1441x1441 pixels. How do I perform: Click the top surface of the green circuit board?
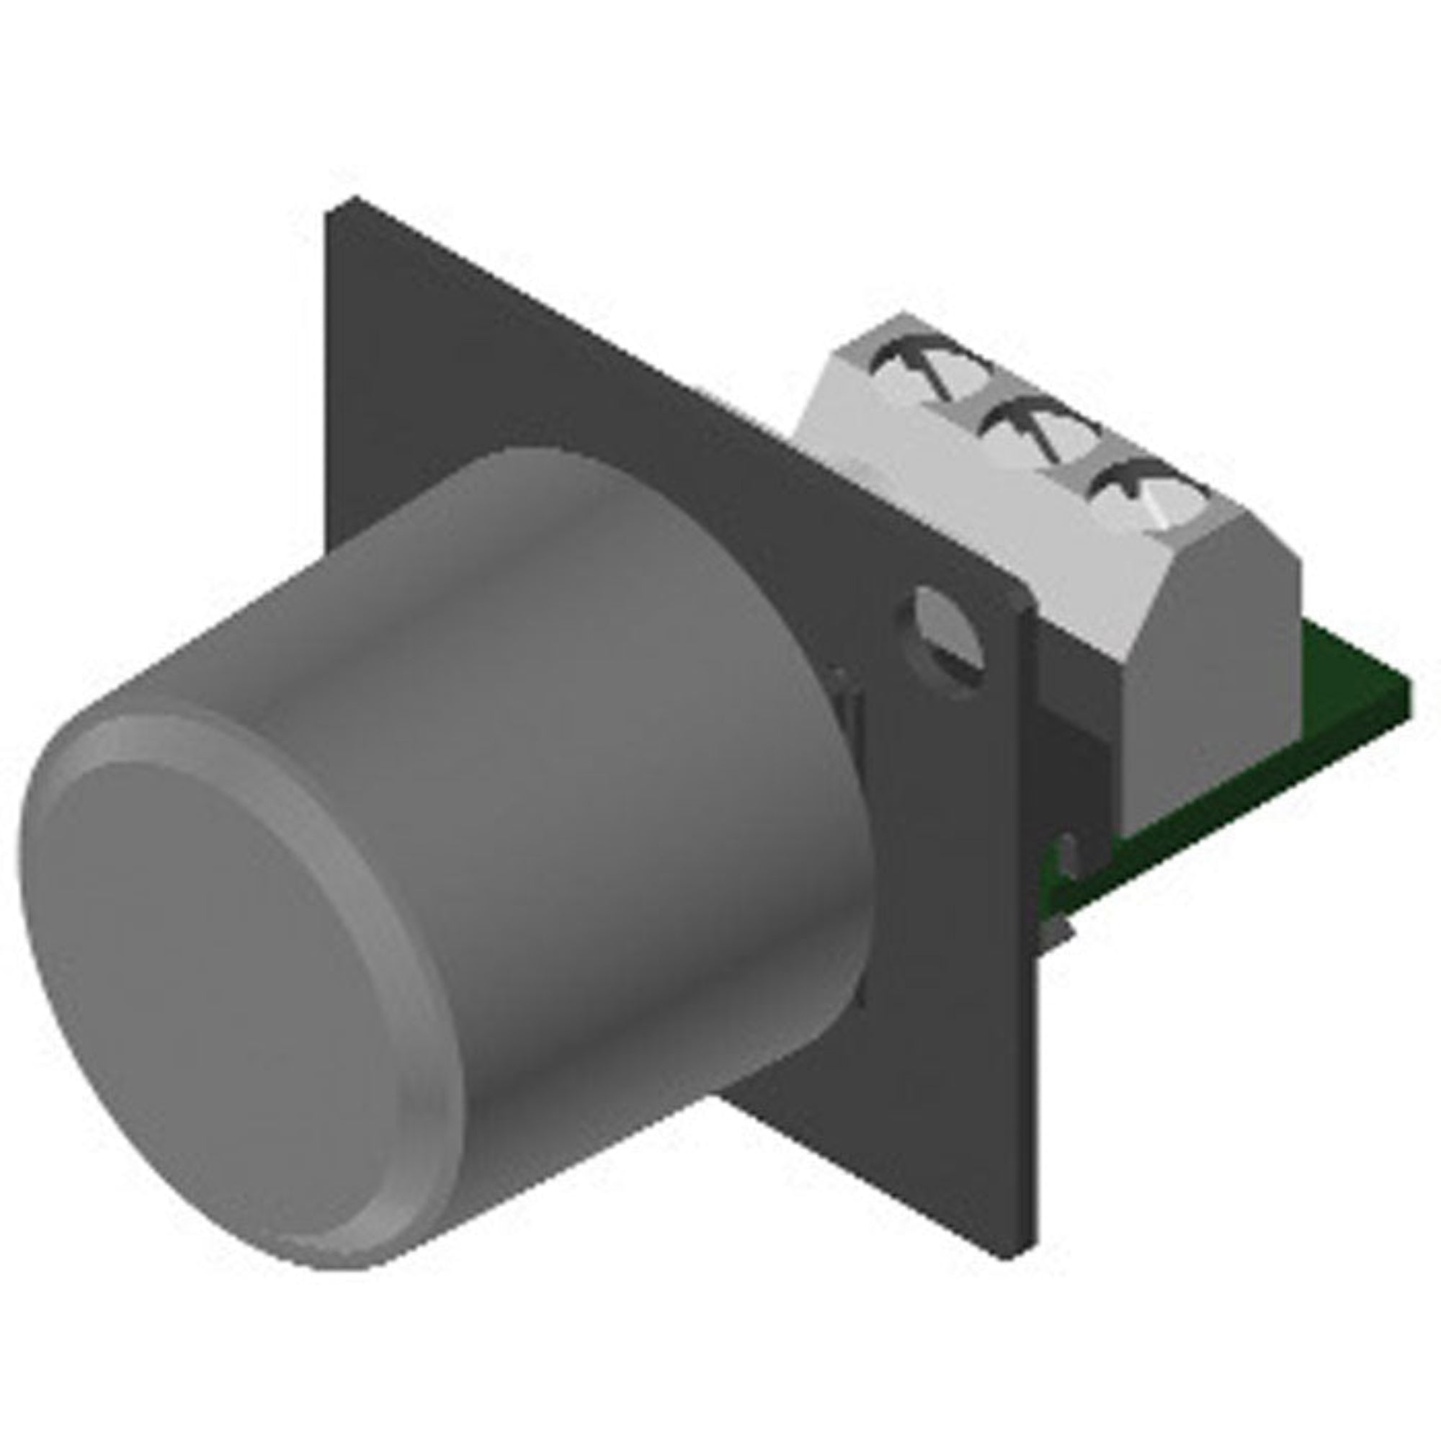click(1342, 672)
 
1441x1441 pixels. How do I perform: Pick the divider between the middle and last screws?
click(1074, 473)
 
